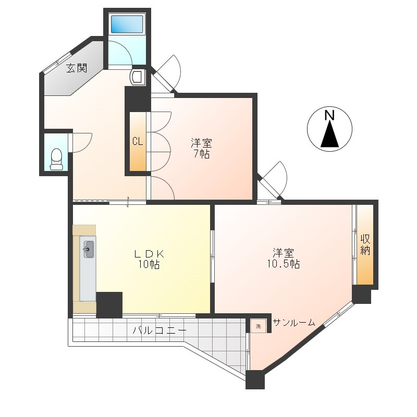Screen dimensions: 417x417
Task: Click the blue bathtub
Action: point(127,24)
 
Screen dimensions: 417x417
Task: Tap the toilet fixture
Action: point(56,159)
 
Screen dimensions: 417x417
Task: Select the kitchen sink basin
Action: point(89,249)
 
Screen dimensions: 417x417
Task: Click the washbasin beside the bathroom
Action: point(138,77)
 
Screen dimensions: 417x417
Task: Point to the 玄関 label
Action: point(77,68)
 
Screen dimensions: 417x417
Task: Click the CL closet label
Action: point(138,141)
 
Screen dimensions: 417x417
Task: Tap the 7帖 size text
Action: point(201,154)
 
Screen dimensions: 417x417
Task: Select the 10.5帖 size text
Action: point(283,264)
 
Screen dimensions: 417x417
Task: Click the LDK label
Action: point(149,254)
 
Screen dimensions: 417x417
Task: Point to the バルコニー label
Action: point(160,330)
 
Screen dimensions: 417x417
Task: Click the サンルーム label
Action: point(294,323)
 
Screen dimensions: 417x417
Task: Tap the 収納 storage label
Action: point(365,244)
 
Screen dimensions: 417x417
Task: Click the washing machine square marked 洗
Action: point(258,326)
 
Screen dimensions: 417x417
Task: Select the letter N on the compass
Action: point(329,115)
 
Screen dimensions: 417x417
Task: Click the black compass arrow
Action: point(330,134)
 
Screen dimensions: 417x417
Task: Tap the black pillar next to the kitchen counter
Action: point(109,305)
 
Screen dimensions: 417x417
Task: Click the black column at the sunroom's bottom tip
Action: point(255,380)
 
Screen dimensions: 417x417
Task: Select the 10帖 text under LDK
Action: point(149,264)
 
